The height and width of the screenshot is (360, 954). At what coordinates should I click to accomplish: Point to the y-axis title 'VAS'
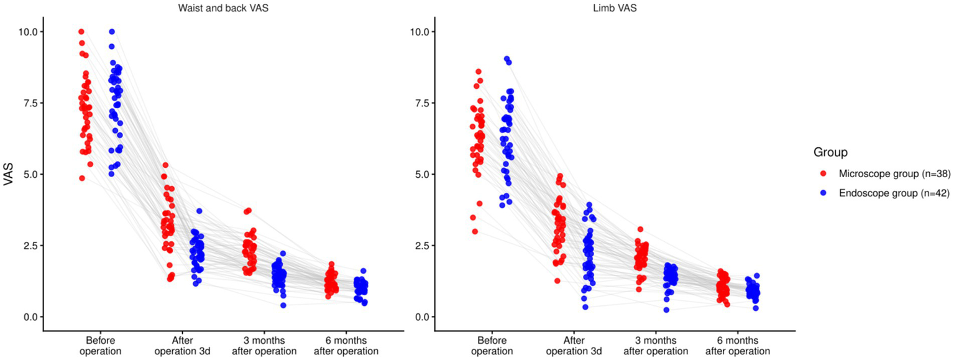click(8, 174)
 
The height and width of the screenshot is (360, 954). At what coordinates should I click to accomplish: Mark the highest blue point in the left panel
click(112, 32)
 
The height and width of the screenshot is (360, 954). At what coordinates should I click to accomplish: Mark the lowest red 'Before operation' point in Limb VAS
click(475, 231)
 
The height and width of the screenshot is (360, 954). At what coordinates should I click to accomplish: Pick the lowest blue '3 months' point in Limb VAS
click(666, 310)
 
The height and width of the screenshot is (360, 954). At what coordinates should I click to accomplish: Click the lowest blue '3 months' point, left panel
click(283, 305)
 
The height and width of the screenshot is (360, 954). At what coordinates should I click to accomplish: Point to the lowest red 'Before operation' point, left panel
click(82, 178)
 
